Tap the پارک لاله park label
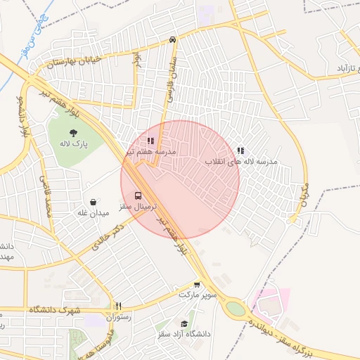tap(72, 143)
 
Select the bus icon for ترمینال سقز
tap(137, 195)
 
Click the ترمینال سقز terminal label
tap(138, 207)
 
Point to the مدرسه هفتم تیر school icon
tap(150, 141)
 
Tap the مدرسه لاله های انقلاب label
tap(241, 161)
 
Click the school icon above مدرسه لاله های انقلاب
tap(241, 150)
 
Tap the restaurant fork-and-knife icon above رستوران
tap(118, 307)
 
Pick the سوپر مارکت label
tap(197, 295)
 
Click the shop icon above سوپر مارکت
tap(197, 285)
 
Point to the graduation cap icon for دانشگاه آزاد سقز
tap(184, 324)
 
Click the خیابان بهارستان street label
tap(75, 62)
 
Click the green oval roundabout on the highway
tap(236, 309)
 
